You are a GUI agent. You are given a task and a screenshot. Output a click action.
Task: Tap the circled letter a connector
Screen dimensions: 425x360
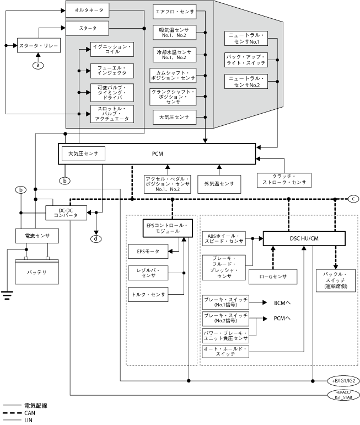(38, 65)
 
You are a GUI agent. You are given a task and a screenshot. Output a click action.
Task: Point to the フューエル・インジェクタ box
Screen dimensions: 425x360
(112, 70)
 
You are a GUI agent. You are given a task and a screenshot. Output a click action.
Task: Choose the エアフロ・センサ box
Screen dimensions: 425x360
(174, 12)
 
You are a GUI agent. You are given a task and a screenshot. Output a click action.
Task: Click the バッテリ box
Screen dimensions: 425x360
(37, 273)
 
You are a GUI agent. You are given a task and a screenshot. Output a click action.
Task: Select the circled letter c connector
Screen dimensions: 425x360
(354, 199)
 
